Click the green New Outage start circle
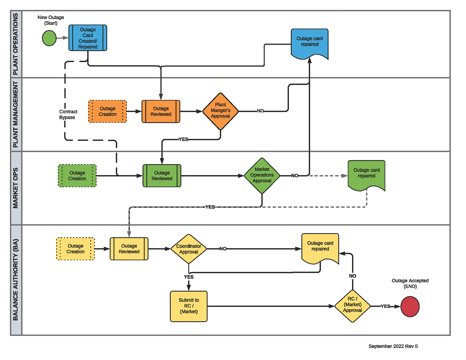click(49, 38)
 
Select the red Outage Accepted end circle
click(410, 307)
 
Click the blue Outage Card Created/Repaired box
click(88, 38)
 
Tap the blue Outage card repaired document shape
click(309, 43)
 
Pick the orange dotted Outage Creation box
click(108, 111)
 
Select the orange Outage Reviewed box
click(161, 111)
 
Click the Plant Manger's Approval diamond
click(220, 111)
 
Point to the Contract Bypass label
click(68, 114)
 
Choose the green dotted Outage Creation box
click(77, 176)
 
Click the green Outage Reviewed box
click(162, 176)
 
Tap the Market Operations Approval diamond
click(262, 175)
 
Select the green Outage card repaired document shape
click(366, 174)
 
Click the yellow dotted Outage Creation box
click(76, 249)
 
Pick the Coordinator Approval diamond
click(189, 249)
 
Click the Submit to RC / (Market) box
click(189, 306)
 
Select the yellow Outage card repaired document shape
click(320, 247)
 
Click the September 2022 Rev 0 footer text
click(393, 346)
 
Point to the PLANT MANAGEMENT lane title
click(15, 114)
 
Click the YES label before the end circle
click(385, 306)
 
